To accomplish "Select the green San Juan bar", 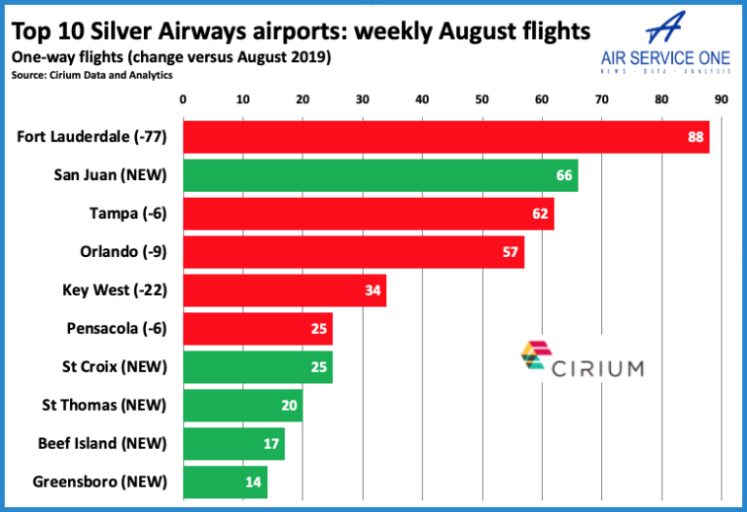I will click(380, 175).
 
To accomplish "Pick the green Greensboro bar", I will click(225, 482).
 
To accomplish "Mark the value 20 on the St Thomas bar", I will click(290, 405).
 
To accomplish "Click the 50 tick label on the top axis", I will click(481, 98).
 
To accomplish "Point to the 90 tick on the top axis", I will click(721, 98).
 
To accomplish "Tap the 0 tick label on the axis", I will click(183, 98).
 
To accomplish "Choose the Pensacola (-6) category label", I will click(118, 328).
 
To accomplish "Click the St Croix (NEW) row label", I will click(114, 367).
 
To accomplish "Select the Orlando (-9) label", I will click(123, 251).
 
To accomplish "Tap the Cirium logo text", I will click(596, 368).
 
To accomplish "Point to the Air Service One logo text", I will click(666, 55).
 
